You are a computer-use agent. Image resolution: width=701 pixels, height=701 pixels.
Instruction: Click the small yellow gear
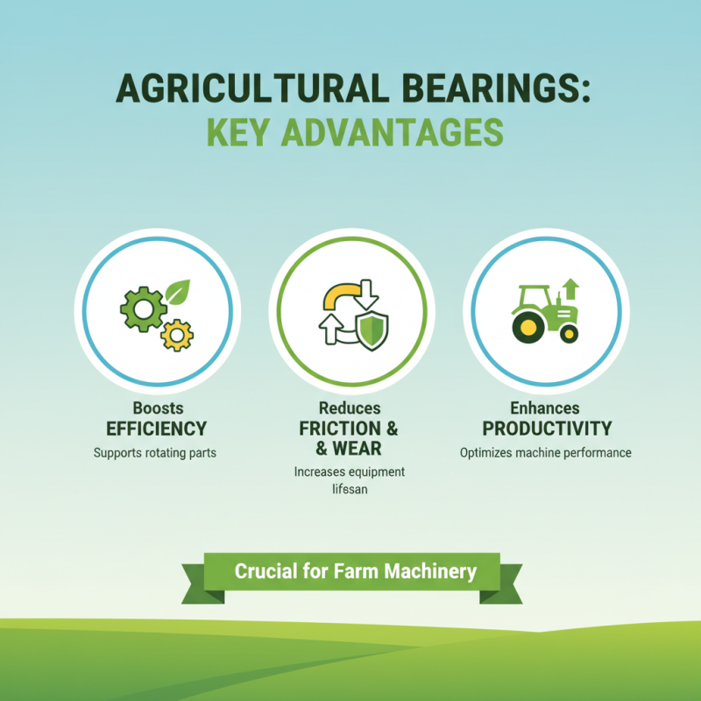178,334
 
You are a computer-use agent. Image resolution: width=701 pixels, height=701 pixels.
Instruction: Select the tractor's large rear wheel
528,327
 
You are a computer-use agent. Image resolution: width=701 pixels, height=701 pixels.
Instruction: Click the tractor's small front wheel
569,333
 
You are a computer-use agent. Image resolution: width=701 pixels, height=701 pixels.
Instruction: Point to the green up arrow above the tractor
570,288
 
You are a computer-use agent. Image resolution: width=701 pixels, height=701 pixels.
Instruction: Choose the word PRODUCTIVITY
547,429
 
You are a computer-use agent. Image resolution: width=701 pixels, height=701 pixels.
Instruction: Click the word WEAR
358,450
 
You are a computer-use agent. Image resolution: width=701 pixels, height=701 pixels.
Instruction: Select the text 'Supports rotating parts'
156,454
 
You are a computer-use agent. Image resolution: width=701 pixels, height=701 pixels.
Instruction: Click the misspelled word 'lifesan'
350,491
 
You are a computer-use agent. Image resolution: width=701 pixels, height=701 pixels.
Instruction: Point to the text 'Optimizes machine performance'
546,454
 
